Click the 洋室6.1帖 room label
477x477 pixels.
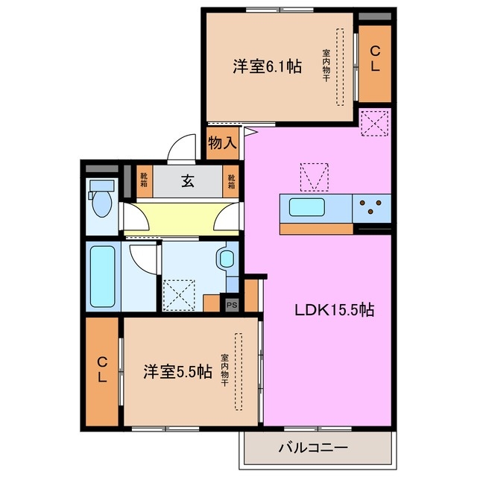coord(267,66)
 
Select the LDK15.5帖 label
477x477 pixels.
coord(332,311)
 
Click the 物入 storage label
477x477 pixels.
coord(221,142)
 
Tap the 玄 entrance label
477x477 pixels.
coord(183,180)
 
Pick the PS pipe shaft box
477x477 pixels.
coord(232,303)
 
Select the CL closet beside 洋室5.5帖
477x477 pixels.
coord(102,370)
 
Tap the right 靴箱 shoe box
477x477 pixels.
coord(231,180)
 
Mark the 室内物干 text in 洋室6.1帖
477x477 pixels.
coord(326,66)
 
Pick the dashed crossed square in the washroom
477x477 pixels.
coord(180,294)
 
